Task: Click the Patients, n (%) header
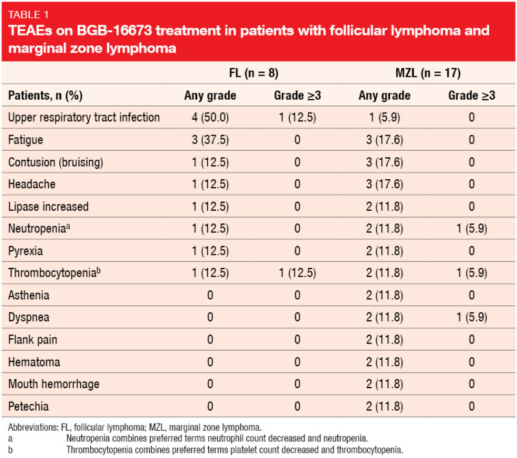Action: pyautogui.click(x=45, y=95)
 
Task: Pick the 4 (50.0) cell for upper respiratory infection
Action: pyautogui.click(x=210, y=117)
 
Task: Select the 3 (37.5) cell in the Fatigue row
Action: pyautogui.click(x=210, y=140)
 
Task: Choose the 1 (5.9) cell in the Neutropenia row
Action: pyautogui.click(x=472, y=228)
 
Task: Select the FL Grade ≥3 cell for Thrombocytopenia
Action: pyautogui.click(x=297, y=273)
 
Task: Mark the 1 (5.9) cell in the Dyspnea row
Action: pyautogui.click(x=472, y=318)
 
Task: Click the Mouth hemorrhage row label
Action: pyautogui.click(x=54, y=384)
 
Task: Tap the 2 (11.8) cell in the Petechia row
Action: pyautogui.click(x=384, y=407)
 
